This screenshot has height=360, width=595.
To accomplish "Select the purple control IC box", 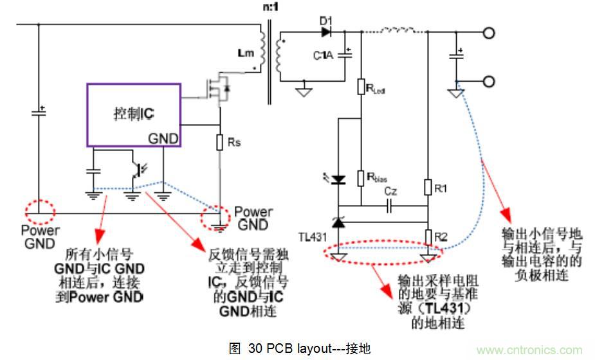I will point(134,115).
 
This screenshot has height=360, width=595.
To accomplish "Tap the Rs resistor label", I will point(235,143).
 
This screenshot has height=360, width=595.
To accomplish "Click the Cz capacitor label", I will point(391,192).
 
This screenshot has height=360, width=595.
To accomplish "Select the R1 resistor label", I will point(440,188).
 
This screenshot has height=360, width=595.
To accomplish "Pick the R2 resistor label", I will point(441,237).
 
